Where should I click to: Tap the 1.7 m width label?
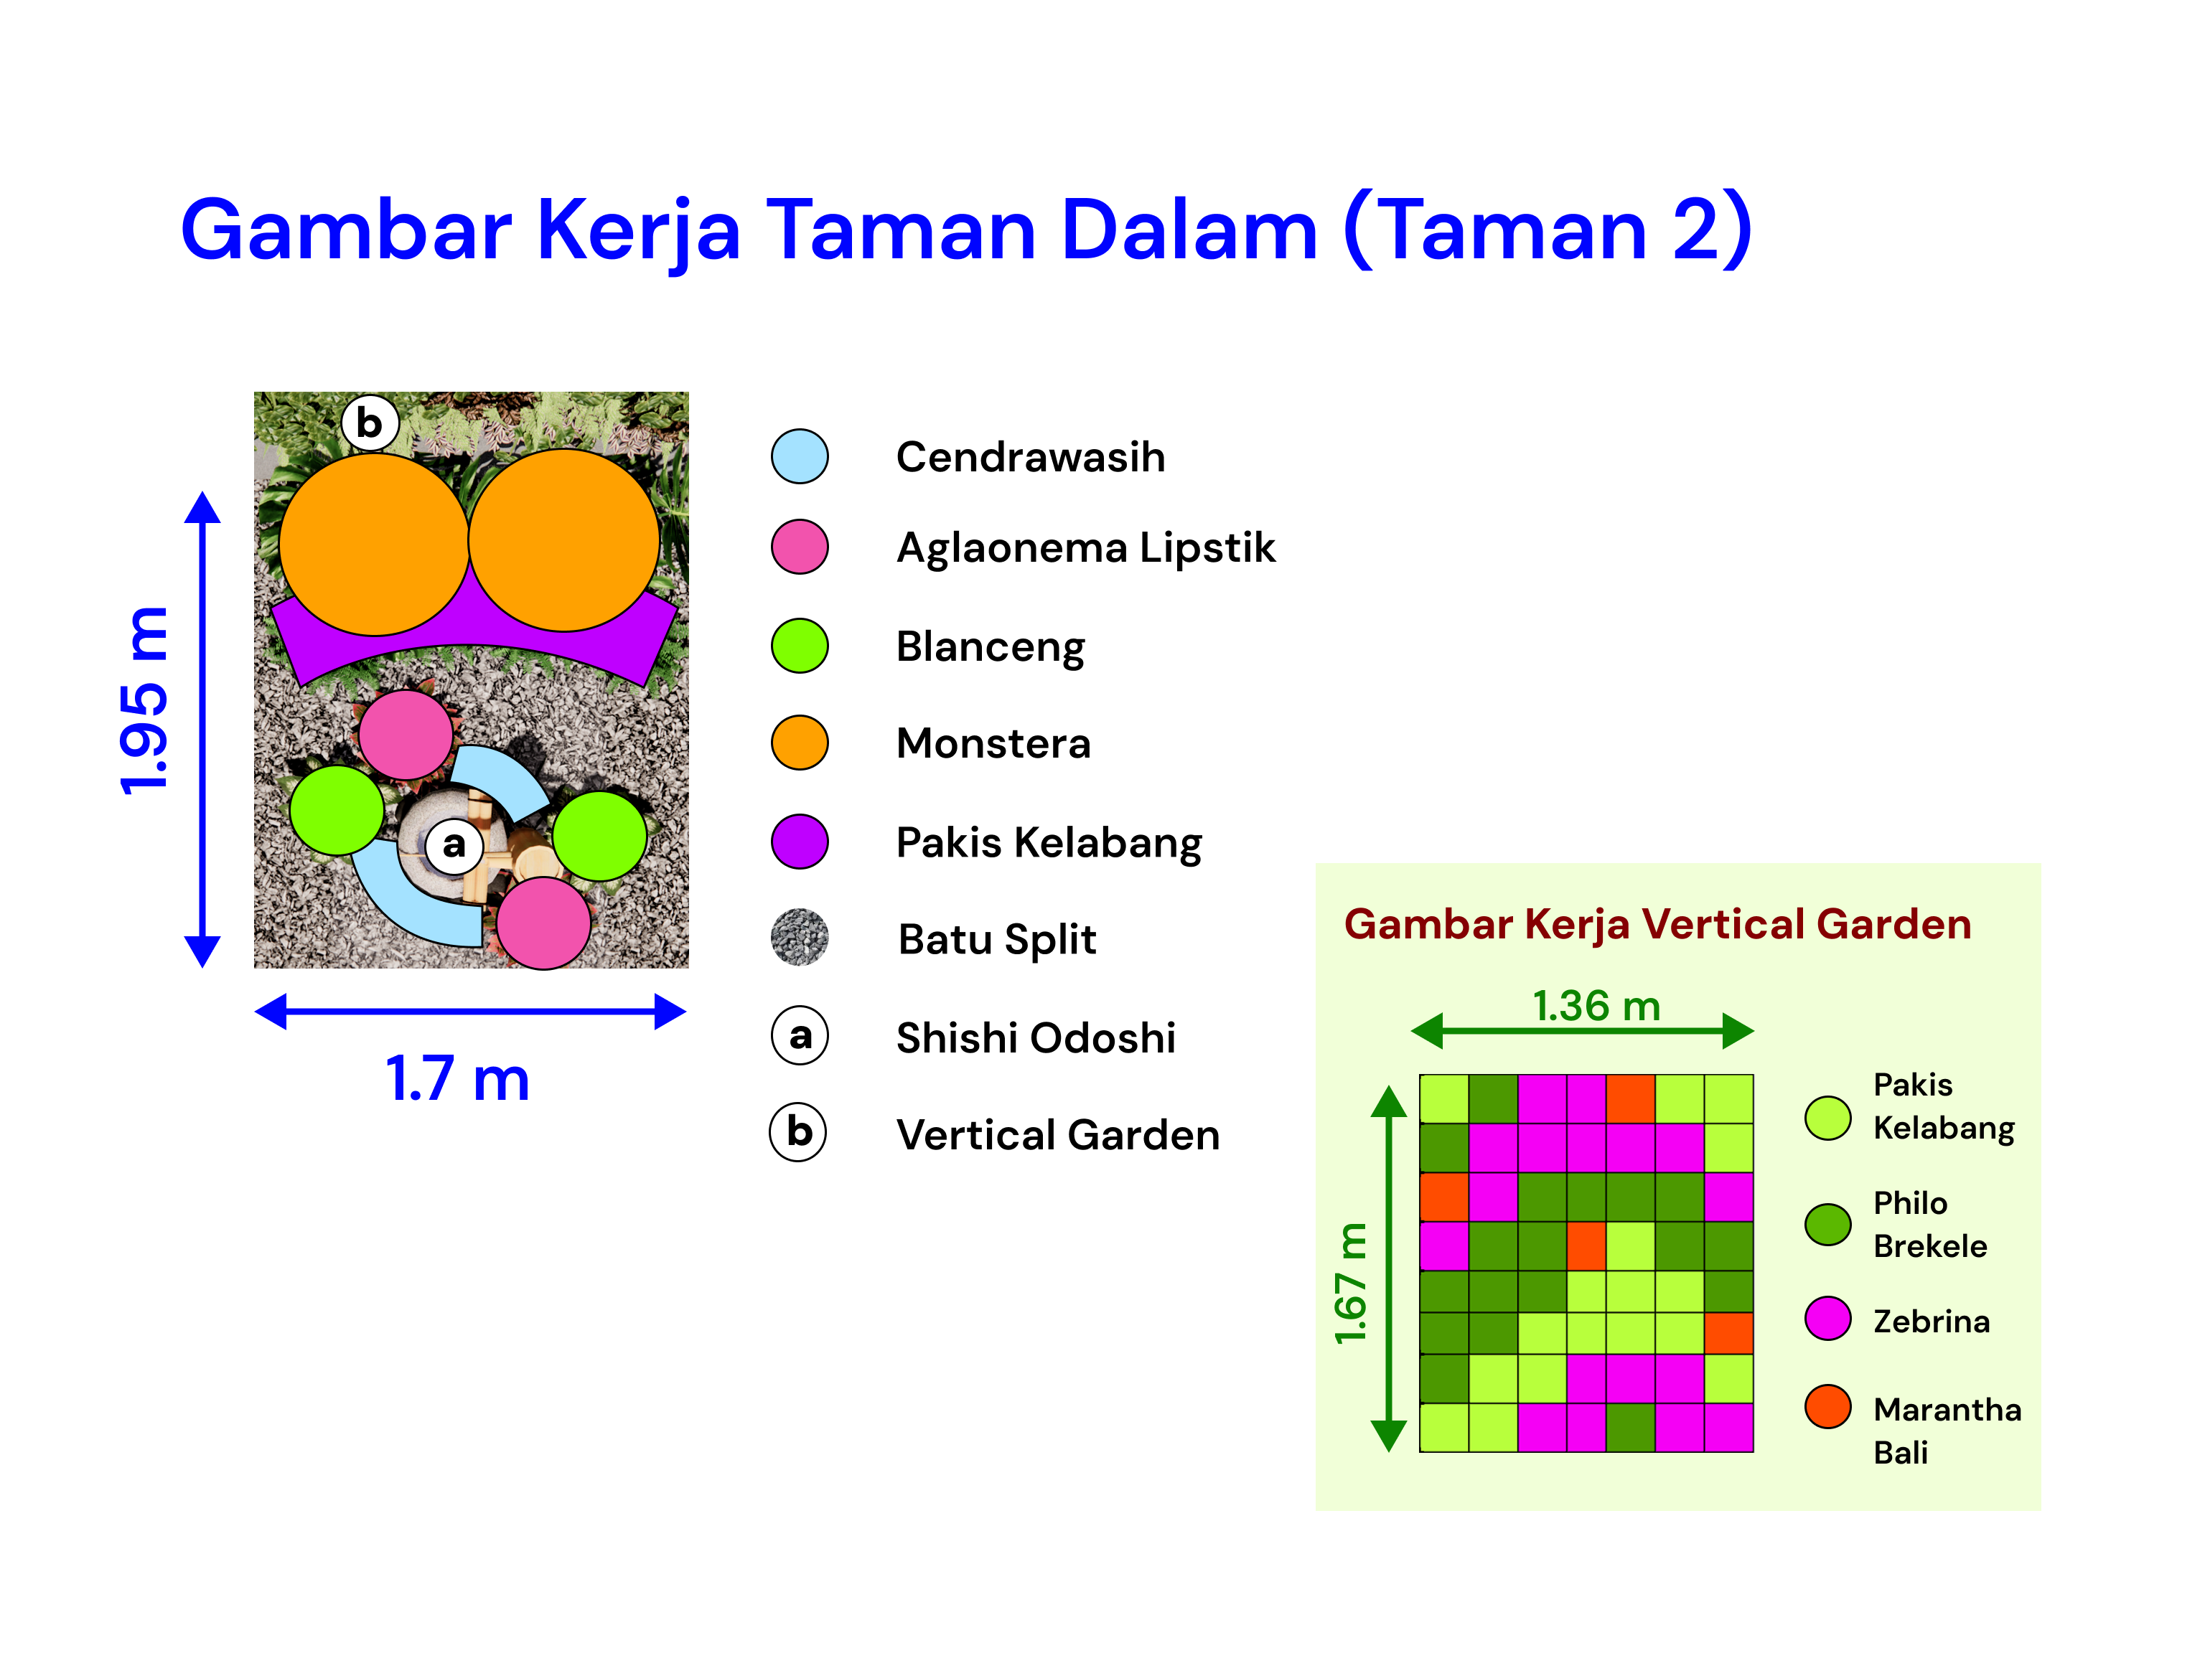(x=457, y=1079)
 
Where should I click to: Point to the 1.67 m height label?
(x=1351, y=1284)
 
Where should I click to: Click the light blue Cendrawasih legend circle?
(x=800, y=456)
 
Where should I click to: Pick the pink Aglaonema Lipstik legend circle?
(x=800, y=546)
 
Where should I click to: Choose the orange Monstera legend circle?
(x=800, y=743)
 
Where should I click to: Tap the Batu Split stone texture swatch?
(x=800, y=938)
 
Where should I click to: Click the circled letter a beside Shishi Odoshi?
(x=800, y=1036)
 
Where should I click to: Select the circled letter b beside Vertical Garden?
(x=798, y=1133)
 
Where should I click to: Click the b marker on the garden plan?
(x=370, y=423)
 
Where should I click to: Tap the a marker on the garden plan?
(x=454, y=845)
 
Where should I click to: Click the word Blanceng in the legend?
(x=990, y=648)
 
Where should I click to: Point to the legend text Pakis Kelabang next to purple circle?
(x=1049, y=843)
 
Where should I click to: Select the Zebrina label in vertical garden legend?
(x=1931, y=1322)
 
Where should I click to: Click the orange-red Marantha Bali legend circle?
(x=1828, y=1406)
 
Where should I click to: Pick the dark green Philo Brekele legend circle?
(x=1828, y=1225)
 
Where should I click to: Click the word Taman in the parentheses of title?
(x=1513, y=230)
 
